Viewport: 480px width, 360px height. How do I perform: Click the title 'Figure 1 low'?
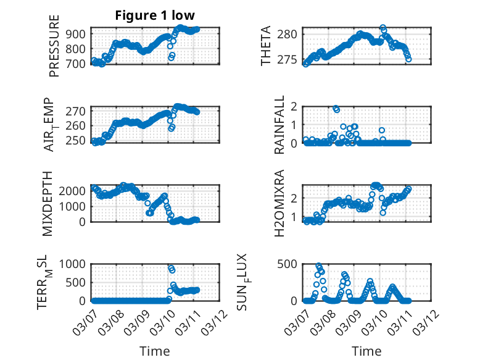click(154, 16)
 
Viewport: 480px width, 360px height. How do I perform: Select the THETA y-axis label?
click(266, 45)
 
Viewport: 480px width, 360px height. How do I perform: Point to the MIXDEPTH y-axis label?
click(48, 204)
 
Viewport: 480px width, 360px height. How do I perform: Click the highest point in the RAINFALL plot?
click(336, 108)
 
